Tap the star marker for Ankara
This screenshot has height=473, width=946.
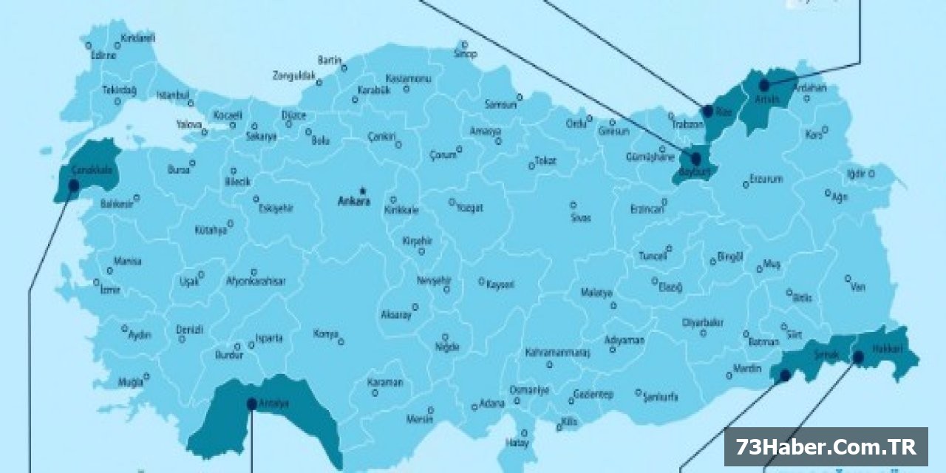[363, 190]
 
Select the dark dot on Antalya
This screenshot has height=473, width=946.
[251, 404]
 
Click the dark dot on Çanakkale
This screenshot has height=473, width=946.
[74, 186]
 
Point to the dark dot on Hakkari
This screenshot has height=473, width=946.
[858, 358]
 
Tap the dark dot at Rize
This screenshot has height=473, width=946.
[708, 112]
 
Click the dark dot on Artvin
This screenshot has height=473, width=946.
[764, 86]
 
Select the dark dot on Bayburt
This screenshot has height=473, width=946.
[695, 159]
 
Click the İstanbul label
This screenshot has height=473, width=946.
[173, 95]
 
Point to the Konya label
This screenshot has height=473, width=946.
[325, 334]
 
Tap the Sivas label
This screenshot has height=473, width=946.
[581, 218]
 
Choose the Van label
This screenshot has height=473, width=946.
[857, 287]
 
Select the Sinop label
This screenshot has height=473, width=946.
[466, 54]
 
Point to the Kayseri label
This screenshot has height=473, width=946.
[500, 284]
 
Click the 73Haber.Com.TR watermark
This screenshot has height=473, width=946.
[826, 446]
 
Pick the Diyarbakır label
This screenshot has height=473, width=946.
[702, 322]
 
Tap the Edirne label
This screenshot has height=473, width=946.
[103, 55]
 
